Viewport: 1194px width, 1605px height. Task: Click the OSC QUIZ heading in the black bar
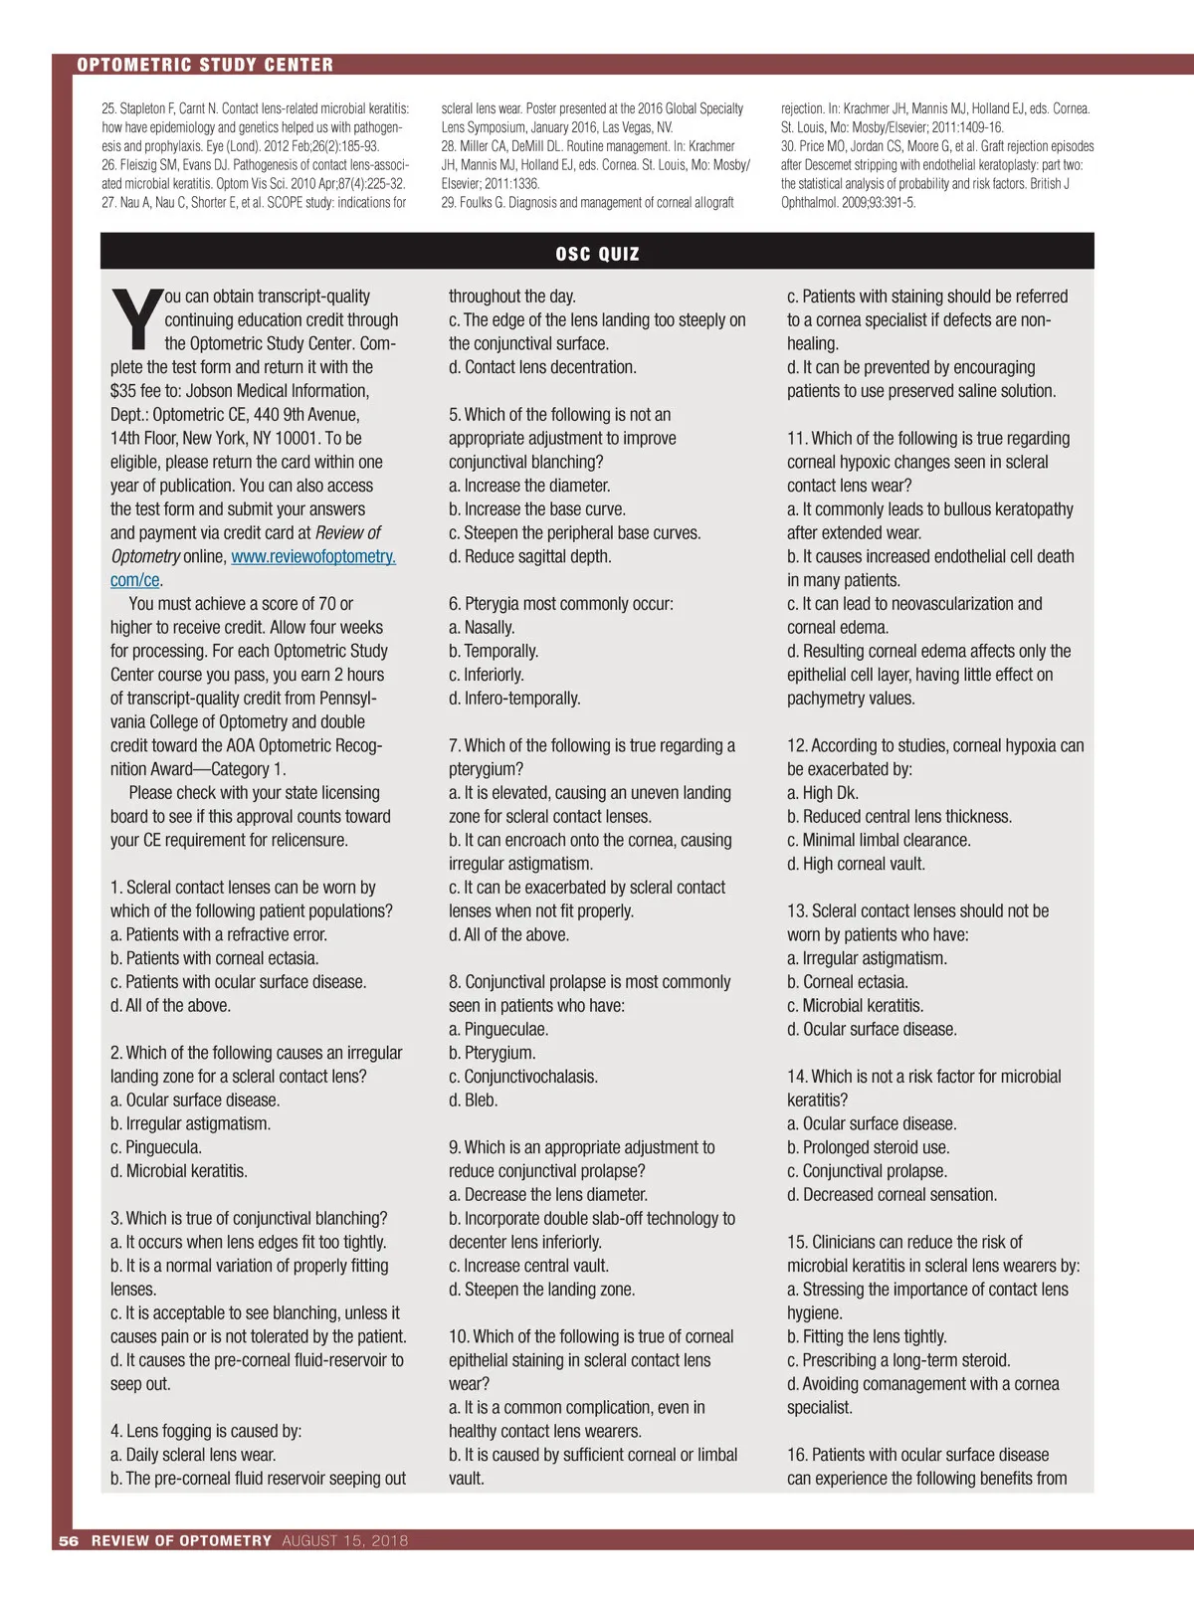[597, 254]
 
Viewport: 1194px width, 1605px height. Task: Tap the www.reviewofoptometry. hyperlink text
[313, 557]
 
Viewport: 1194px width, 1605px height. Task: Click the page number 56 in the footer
[69, 1540]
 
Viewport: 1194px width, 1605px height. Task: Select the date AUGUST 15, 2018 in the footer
[344, 1540]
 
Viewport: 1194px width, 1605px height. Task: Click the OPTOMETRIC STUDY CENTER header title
[205, 65]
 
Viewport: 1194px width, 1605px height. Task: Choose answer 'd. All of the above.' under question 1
[170, 1006]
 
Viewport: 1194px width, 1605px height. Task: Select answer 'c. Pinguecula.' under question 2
[156, 1147]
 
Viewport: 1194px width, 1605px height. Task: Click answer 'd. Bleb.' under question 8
[473, 1101]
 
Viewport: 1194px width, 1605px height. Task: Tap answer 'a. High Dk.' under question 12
[822, 793]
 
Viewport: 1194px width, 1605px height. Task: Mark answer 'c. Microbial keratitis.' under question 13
[855, 1006]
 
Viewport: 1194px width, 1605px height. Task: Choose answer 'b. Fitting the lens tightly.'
[867, 1336]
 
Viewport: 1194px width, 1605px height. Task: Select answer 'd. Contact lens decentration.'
[542, 367]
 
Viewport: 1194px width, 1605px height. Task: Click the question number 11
[796, 439]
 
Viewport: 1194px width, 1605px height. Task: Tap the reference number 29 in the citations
[448, 203]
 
